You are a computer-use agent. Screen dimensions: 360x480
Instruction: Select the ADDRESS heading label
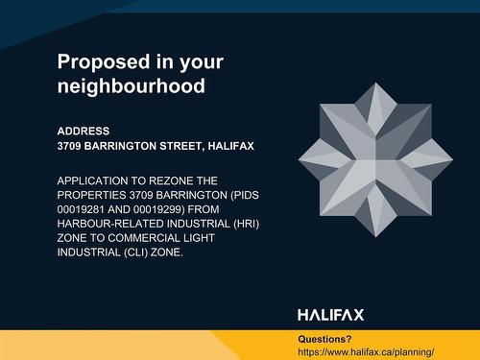tap(84, 131)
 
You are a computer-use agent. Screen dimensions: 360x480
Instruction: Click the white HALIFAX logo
tap(330, 315)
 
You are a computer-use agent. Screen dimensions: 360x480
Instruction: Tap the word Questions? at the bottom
tap(324, 339)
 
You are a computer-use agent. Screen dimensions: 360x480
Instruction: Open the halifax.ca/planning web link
tap(373, 352)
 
